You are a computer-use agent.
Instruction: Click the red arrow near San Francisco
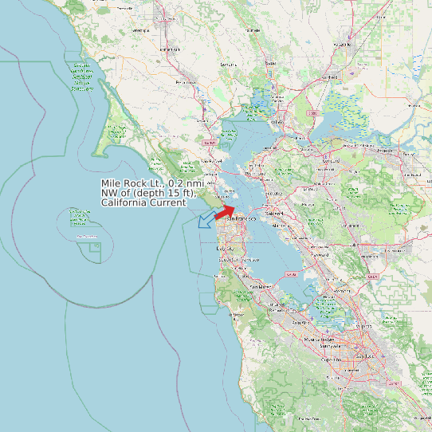(226, 210)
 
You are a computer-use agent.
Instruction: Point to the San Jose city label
(367, 355)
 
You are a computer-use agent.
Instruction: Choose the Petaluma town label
(186, 82)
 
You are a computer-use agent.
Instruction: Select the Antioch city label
(385, 150)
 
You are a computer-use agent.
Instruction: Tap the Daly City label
(226, 249)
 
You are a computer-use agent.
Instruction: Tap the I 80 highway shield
(315, 114)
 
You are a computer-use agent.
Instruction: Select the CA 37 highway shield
(210, 143)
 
